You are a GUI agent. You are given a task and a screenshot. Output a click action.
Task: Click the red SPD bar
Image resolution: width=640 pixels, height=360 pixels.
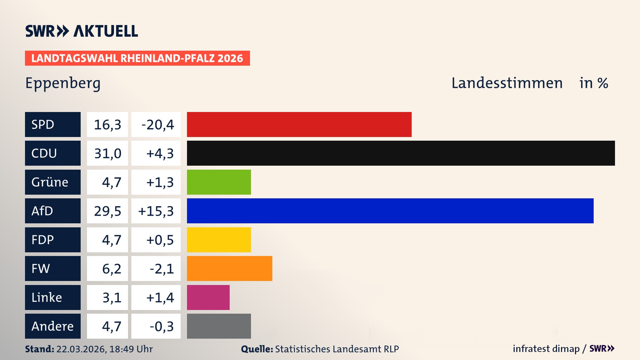click(299, 124)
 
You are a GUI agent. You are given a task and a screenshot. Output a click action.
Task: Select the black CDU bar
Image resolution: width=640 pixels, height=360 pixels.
click(401, 153)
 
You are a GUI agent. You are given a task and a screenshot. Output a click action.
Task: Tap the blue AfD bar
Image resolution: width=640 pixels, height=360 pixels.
click(390, 211)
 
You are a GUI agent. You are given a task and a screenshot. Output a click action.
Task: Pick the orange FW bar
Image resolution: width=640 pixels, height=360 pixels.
click(229, 268)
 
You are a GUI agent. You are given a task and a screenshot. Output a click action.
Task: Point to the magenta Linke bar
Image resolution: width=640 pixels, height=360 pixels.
click(208, 297)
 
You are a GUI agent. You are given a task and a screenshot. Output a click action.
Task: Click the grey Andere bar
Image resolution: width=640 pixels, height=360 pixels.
click(219, 326)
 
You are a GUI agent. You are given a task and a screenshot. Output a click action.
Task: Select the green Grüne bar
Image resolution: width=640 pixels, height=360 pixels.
click(219, 182)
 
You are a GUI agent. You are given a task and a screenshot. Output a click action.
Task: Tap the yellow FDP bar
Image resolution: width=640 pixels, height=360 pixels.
click(219, 240)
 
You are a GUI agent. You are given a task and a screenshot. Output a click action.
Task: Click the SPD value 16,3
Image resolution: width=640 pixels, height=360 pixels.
click(107, 125)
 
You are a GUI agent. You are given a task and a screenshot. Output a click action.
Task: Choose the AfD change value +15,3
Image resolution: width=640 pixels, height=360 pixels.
click(156, 211)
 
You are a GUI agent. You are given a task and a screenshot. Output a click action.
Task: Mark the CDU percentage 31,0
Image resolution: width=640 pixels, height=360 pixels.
click(107, 153)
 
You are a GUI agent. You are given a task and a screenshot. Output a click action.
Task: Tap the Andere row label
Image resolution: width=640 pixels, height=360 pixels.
click(53, 326)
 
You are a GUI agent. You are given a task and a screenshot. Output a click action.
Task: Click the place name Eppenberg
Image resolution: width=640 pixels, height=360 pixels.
click(63, 83)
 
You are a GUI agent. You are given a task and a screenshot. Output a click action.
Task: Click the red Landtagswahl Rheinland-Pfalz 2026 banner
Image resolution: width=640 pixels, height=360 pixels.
click(137, 58)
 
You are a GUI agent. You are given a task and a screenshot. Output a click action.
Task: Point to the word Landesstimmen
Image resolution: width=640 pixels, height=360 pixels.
click(507, 83)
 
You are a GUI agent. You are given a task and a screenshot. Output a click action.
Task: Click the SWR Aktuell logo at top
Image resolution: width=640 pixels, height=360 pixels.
click(82, 31)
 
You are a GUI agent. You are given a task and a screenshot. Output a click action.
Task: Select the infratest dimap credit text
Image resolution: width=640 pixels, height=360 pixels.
click(546, 349)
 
